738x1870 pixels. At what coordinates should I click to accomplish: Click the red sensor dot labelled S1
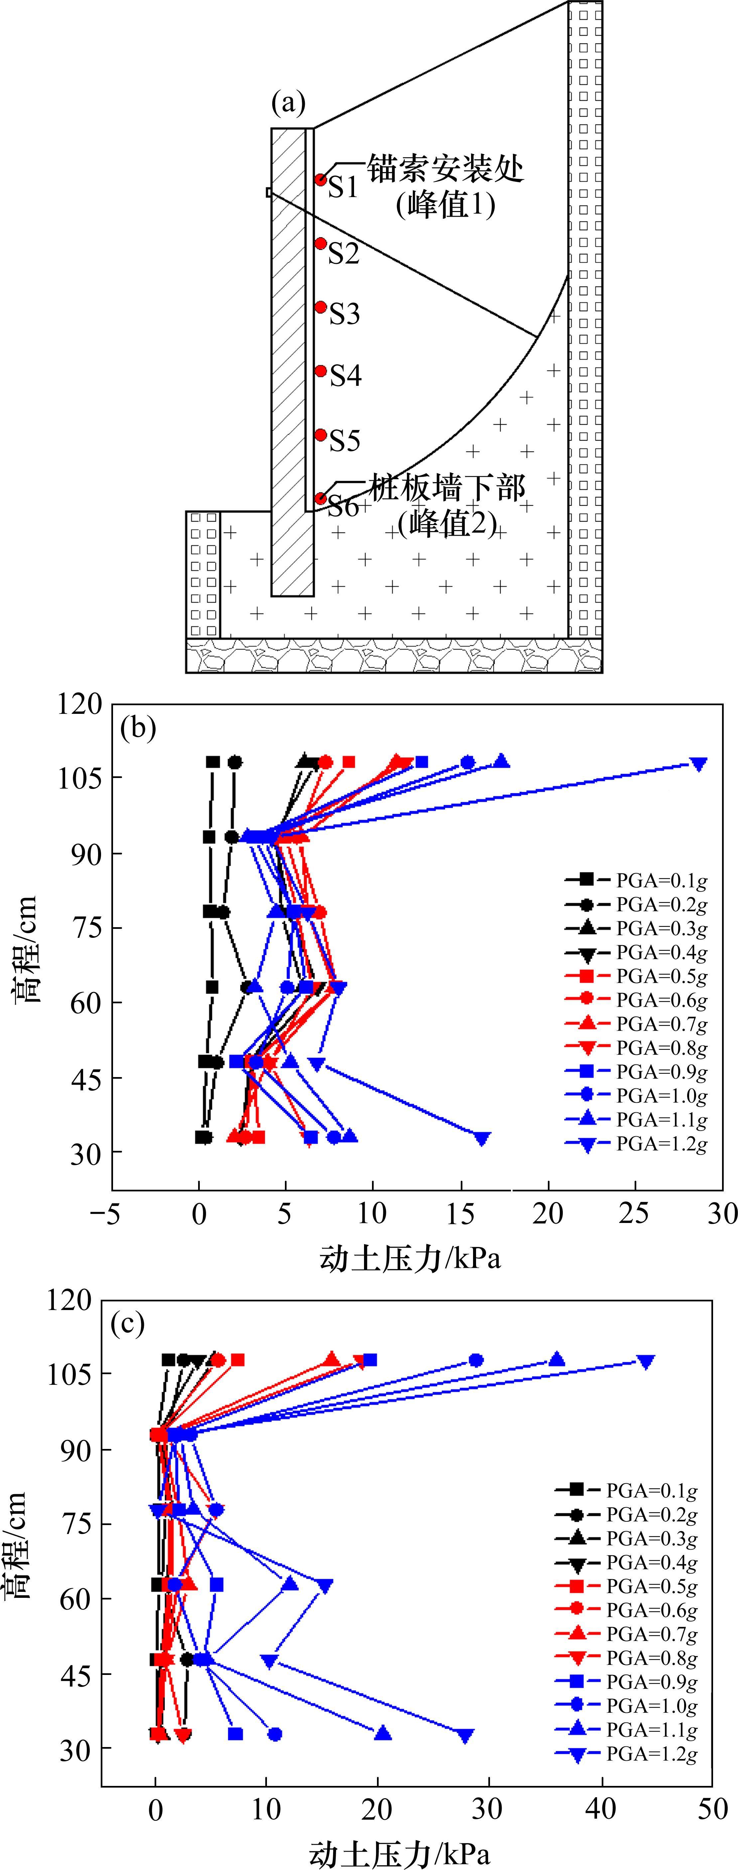click(320, 179)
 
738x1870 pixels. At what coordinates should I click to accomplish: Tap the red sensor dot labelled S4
click(320, 371)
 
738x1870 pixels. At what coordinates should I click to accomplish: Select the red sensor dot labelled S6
click(320, 498)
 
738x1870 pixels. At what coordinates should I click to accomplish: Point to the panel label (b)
click(138, 727)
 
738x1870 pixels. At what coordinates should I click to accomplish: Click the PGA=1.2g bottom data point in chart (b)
click(482, 1138)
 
